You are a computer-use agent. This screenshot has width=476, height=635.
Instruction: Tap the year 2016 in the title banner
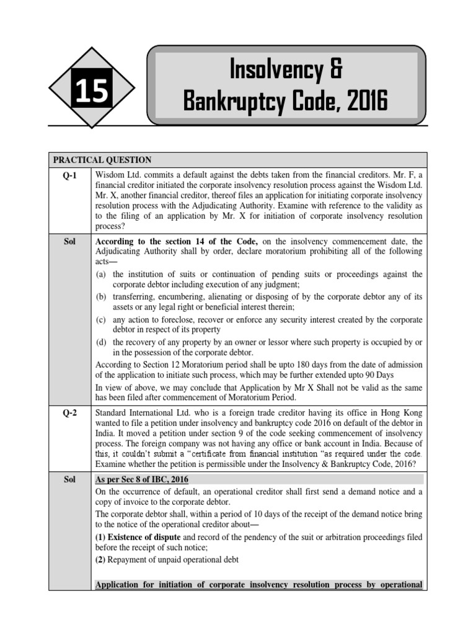[x=359, y=101]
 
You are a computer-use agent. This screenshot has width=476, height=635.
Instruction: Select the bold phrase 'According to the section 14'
[x=157, y=241]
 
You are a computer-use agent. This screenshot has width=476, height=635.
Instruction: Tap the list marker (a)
[x=101, y=274]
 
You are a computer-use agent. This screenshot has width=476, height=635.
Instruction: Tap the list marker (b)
[x=101, y=297]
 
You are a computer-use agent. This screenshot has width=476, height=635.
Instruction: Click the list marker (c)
[x=101, y=320]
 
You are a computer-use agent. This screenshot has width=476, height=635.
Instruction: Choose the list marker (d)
[x=101, y=342]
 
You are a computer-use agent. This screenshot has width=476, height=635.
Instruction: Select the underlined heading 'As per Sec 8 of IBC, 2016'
[x=142, y=479]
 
